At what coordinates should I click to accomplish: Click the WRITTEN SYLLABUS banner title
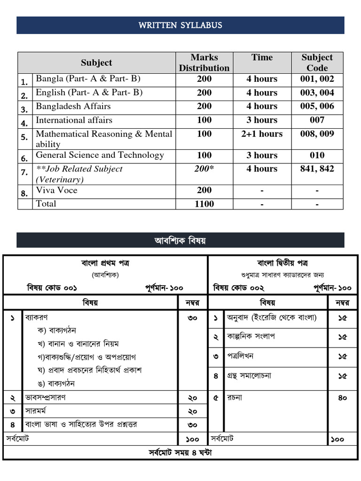pos(180,25)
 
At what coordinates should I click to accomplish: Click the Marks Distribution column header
pos(204,62)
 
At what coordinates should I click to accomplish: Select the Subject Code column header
pos(317,62)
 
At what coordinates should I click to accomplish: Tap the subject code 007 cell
pos(317,120)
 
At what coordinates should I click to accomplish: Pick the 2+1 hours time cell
pos(262,134)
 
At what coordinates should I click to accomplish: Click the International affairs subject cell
pos(74,120)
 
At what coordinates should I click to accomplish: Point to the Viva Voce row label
pos(56,190)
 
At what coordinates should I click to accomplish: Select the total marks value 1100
pos(204,204)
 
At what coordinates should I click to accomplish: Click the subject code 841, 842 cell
pos(317,169)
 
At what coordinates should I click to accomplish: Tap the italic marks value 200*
pos(204,169)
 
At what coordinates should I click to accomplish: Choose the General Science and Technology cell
pos(100,155)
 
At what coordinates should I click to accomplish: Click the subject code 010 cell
pos(317,155)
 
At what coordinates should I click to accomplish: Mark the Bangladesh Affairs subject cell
pos(73,106)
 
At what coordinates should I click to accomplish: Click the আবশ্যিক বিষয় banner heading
pos(180,240)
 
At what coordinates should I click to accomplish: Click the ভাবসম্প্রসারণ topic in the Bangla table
pos(45,397)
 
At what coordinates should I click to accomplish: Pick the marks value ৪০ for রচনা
pos(343,398)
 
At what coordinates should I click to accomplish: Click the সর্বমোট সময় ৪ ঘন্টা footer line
pos(180,453)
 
